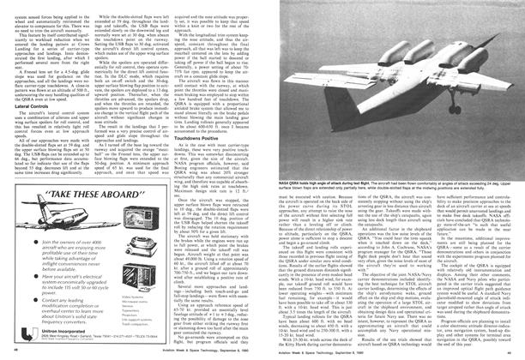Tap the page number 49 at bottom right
pos(514,351)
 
